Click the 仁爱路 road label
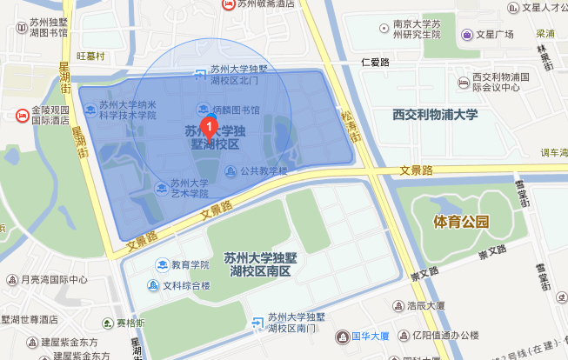click(374, 63)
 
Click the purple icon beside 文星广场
click(467, 35)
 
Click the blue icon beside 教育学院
click(161, 264)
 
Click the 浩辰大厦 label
click(425, 305)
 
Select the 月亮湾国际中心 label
click(54, 280)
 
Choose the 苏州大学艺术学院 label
click(189, 188)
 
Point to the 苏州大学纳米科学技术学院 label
click(127, 109)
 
